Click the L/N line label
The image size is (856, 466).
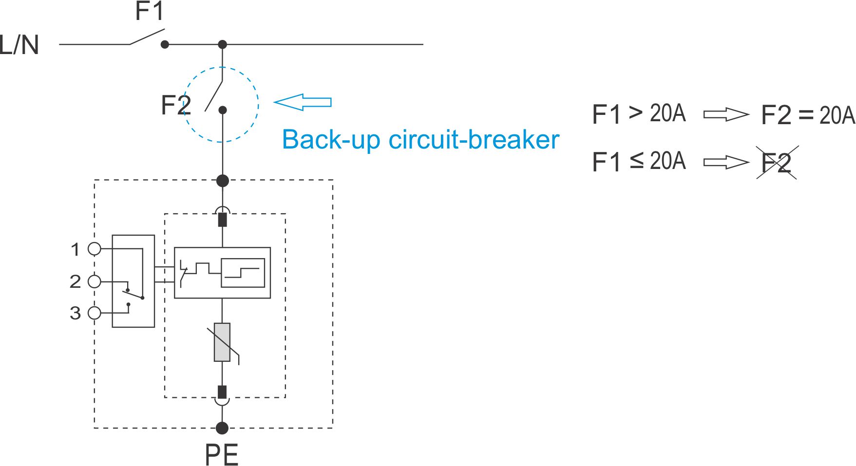pyautogui.click(x=19, y=45)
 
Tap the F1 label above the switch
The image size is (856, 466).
pyautogui.click(x=149, y=12)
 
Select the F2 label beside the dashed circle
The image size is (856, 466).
pyautogui.click(x=175, y=105)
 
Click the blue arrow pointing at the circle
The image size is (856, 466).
pyautogui.click(x=303, y=102)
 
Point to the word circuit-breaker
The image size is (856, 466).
pyautogui.click(x=474, y=140)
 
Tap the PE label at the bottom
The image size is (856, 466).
pyautogui.click(x=222, y=455)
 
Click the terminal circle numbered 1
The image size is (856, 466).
pyautogui.click(x=95, y=249)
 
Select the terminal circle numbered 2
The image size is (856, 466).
pyautogui.click(x=95, y=281)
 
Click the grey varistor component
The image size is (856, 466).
pyautogui.click(x=222, y=342)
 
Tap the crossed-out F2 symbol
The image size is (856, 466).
pyautogui.click(x=777, y=163)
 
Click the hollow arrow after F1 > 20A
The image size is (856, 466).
pyautogui.click(x=726, y=115)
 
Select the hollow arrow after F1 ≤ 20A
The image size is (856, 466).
pyautogui.click(x=726, y=162)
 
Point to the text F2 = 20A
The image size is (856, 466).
pyautogui.click(x=808, y=115)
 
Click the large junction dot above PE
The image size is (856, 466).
pyautogui.click(x=222, y=428)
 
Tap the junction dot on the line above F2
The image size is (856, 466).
pyautogui.click(x=223, y=45)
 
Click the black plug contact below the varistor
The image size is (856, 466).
pyautogui.click(x=222, y=392)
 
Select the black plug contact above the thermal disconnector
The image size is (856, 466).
pyautogui.click(x=223, y=220)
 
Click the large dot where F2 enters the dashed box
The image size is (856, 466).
pyautogui.click(x=223, y=181)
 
